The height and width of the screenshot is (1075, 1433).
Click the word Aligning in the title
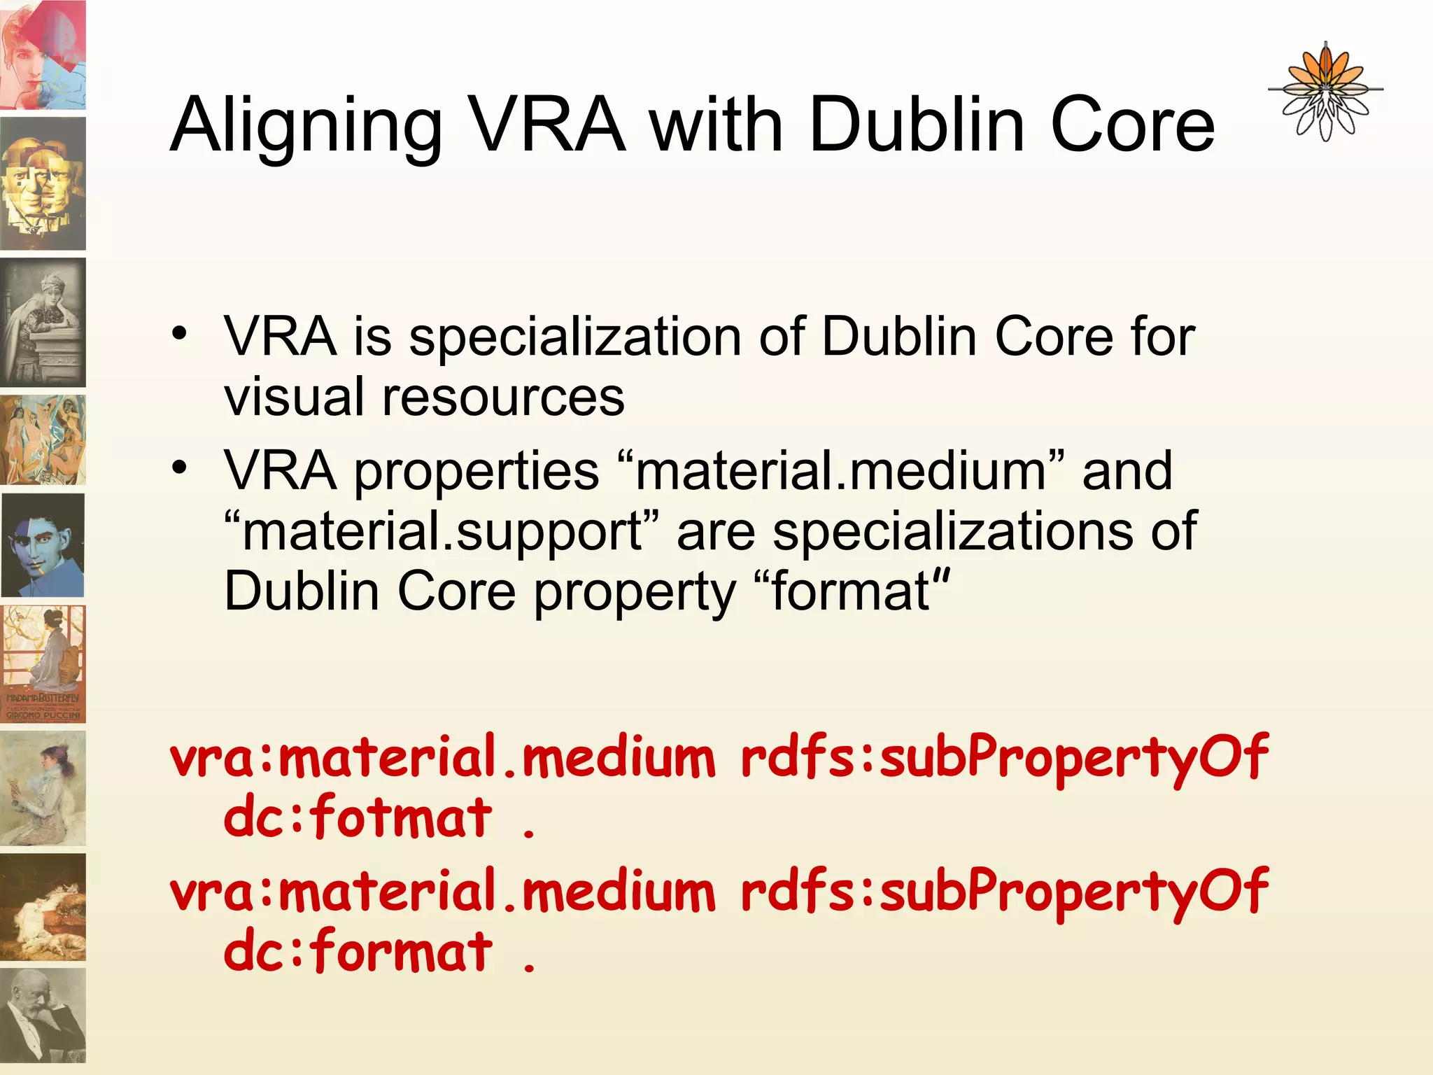(306, 126)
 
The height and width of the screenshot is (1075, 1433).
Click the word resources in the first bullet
(503, 397)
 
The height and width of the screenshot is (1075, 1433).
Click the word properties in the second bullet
(477, 470)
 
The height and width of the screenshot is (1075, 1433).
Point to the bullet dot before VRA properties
(181, 467)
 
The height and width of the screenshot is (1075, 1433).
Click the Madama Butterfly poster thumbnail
(43, 663)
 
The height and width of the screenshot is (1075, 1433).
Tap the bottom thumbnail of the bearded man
(43, 1015)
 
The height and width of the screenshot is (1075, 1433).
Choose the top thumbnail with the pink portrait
(43, 55)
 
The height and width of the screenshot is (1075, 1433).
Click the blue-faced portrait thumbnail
(43, 545)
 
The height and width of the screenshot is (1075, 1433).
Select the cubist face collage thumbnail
(43, 183)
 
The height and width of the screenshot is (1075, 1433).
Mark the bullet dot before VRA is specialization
(181, 333)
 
